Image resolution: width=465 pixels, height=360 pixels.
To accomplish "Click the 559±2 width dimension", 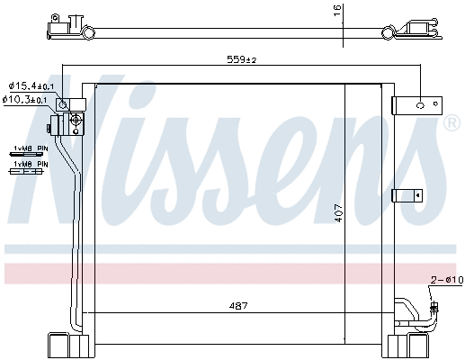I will pos(240,60).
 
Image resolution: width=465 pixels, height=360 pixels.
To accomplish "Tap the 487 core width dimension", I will pos(238,306).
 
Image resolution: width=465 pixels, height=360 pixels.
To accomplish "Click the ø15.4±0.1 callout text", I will pos(31,85).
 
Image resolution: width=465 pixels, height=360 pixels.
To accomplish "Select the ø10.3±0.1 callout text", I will pos(31,99).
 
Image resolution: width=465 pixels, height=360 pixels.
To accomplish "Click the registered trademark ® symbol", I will pos(451,122).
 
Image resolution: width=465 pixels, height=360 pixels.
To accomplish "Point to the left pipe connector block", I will pos(69,119).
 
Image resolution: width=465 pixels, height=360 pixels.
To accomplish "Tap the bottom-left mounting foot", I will pos(67,345).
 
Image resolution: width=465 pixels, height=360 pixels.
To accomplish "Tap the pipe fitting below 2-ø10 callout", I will pos(437,311).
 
